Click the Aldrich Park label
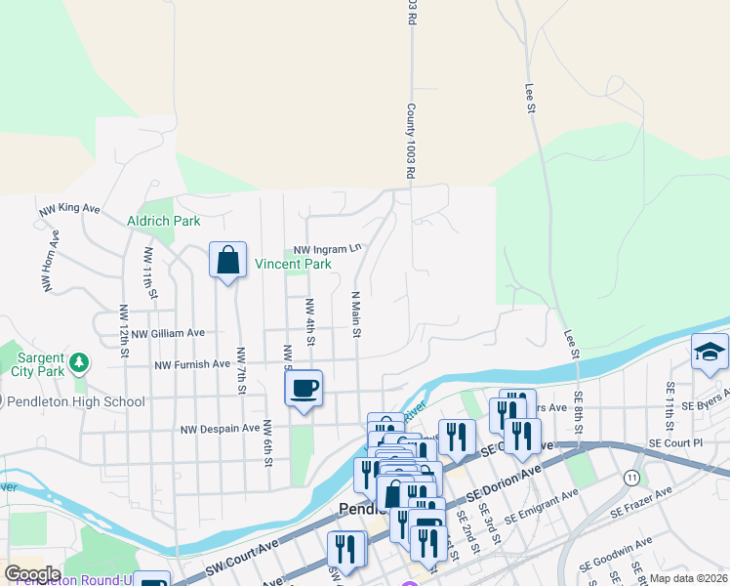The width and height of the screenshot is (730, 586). (164, 221)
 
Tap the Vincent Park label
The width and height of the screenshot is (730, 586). (293, 264)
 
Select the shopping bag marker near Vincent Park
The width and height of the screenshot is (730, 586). (227, 261)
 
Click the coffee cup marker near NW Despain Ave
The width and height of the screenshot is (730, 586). (304, 389)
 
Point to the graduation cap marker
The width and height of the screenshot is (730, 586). (710, 353)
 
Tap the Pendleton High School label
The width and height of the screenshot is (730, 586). (76, 401)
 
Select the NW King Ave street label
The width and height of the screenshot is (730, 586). (69, 209)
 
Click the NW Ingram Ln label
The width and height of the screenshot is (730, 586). (321, 249)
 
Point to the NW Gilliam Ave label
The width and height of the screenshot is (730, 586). (167, 333)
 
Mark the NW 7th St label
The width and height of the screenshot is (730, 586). (240, 370)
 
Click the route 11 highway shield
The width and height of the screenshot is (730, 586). (633, 478)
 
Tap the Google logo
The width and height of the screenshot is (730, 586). (31, 573)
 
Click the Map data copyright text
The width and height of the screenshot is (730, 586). (689, 578)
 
